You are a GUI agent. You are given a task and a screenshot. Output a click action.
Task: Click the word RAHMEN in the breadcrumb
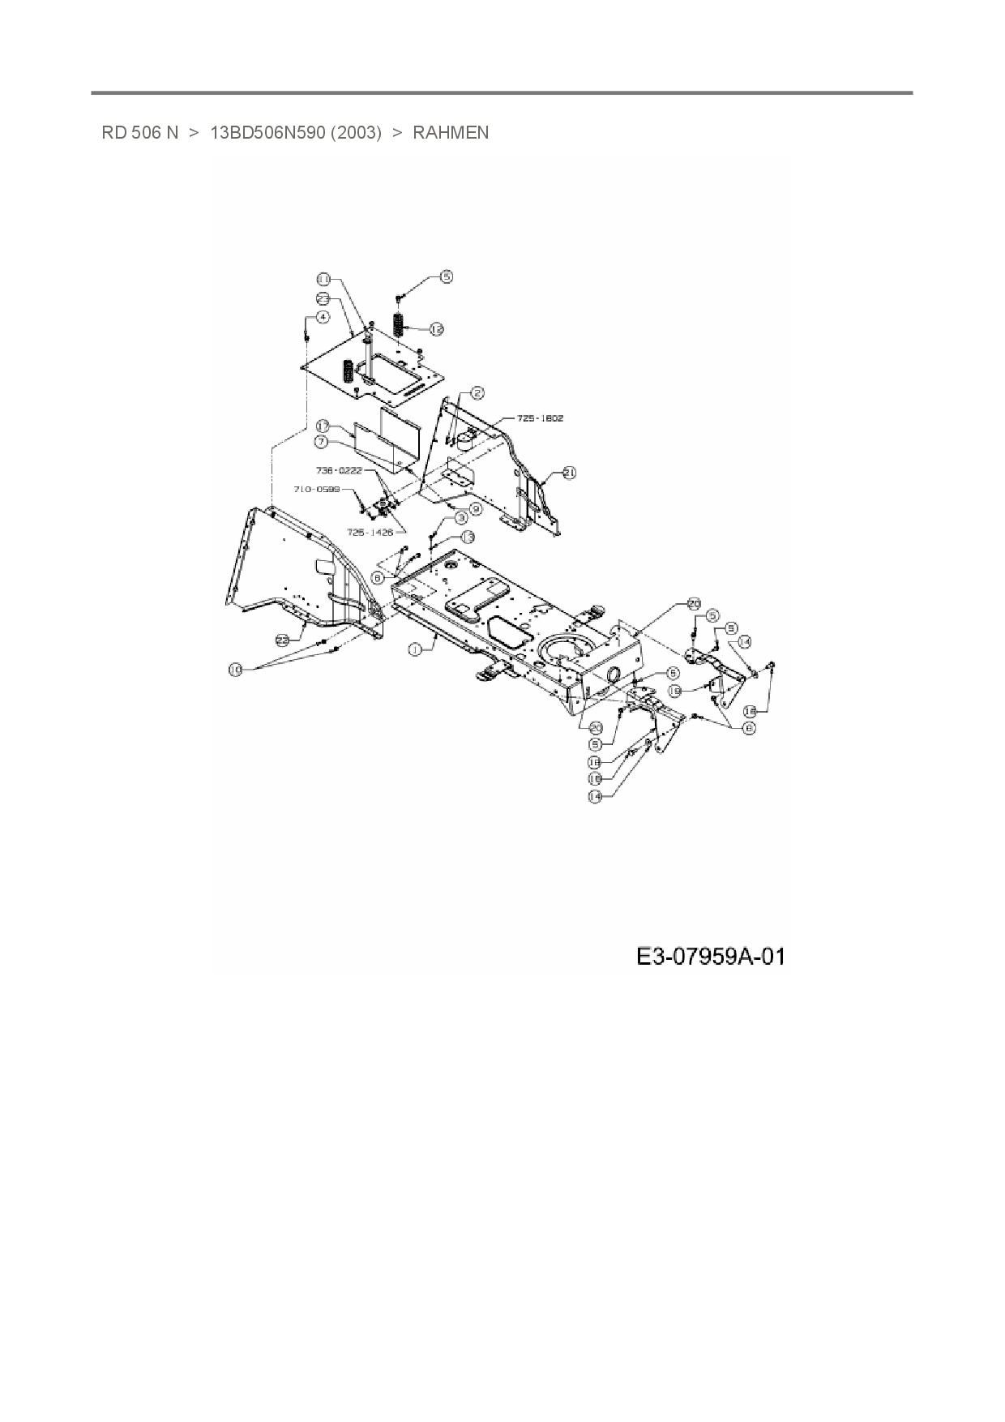(451, 133)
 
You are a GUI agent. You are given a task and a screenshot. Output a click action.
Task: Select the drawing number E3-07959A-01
(710, 957)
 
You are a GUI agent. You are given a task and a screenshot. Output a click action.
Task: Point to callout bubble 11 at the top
(323, 279)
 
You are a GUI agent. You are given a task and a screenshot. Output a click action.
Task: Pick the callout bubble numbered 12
(436, 328)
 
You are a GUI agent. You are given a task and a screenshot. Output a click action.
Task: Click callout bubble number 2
(478, 393)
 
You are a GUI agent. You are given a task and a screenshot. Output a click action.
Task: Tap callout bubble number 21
(569, 472)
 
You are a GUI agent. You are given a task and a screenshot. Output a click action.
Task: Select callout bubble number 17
(322, 426)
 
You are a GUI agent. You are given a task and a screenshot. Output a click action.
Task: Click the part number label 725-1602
(540, 418)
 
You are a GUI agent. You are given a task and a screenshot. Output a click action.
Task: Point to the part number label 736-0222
(339, 470)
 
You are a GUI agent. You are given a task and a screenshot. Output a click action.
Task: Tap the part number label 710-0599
(316, 489)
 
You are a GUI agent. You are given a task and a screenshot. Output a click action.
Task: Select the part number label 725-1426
(370, 533)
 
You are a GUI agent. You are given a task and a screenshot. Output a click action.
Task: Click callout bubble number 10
(235, 670)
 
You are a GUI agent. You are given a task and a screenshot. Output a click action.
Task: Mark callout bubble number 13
(467, 537)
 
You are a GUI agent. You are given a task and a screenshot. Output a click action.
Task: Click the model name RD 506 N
(139, 133)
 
